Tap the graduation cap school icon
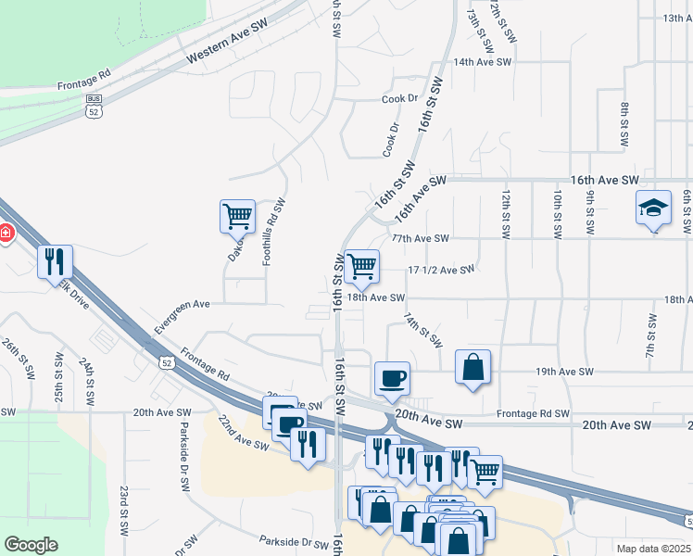(653, 208)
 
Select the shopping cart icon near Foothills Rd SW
(237, 216)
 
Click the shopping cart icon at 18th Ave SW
(361, 266)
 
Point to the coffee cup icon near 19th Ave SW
(391, 377)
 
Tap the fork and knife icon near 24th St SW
(56, 261)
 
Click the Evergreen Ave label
(183, 315)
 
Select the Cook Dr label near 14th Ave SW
(400, 98)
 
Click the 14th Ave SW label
(482, 62)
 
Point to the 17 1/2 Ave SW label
(441, 270)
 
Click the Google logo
(31, 545)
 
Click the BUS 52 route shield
(94, 106)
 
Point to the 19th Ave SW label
(564, 372)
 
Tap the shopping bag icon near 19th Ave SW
(472, 366)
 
